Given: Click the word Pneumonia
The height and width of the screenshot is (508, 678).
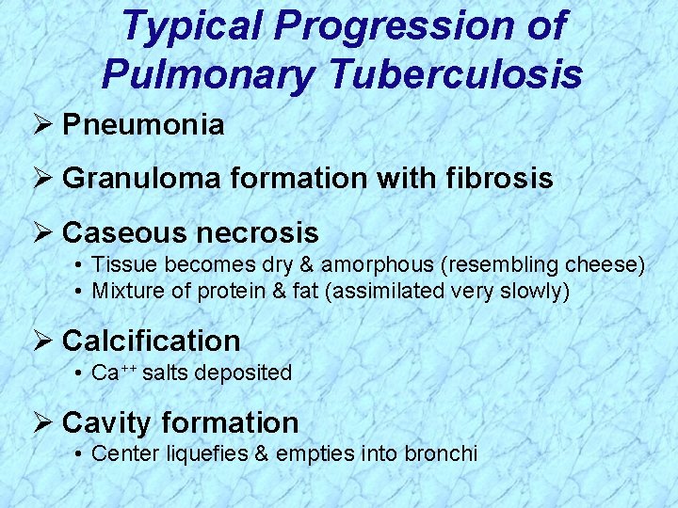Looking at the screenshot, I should click(143, 125).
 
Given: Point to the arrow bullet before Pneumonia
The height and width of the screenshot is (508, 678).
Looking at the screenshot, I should click(41, 125).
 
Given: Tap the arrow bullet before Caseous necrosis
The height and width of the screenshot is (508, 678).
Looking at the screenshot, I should click(41, 232).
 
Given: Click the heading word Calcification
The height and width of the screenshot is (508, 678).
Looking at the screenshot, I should click(151, 340).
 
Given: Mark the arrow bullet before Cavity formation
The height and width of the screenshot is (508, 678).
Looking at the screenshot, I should click(41, 422).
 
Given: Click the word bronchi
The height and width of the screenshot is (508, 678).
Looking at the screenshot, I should click(442, 453).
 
